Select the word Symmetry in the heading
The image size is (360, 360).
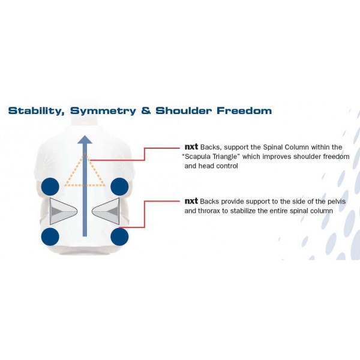click(103, 111)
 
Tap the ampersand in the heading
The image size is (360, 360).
click(146, 110)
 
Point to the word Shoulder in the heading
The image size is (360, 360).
click(183, 110)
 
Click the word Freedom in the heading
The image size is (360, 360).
click(244, 110)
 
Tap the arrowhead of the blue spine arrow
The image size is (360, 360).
click(85, 140)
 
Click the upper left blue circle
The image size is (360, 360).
click(50, 187)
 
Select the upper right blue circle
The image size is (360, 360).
click(119, 187)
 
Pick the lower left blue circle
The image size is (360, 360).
click(50, 237)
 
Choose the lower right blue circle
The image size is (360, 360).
click(119, 237)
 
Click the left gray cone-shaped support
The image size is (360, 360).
click(62, 211)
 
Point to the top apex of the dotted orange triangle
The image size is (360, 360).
click(85, 154)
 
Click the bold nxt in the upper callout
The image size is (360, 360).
click(191, 147)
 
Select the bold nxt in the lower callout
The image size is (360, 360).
click(191, 201)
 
